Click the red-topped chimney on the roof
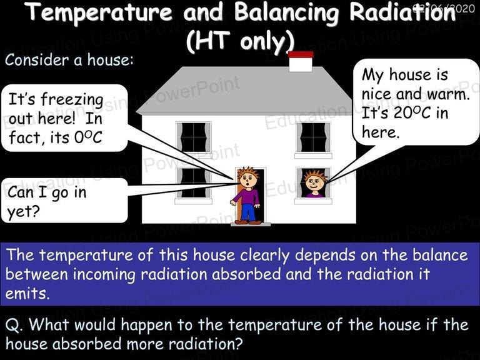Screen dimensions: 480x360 pyautogui.click(x=301, y=61)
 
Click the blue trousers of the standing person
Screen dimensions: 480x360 pyautogui.click(x=248, y=211)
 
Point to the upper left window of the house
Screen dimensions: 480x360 pyautogui.click(x=194, y=137)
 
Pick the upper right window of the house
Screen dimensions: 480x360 pyautogui.click(x=313, y=137)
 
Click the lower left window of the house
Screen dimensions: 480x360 pyautogui.click(x=193, y=182)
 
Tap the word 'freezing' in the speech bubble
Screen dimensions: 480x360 pyautogui.click(x=72, y=100)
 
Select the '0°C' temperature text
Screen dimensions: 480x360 pyautogui.click(x=88, y=137)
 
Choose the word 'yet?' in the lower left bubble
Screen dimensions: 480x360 pyautogui.click(x=24, y=211)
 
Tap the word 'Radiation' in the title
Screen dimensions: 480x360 pyautogui.click(x=403, y=13)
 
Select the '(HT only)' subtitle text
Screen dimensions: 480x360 pyautogui.click(x=240, y=42)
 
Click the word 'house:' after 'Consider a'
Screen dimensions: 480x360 pyautogui.click(x=111, y=59)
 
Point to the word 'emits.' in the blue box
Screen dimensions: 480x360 pyautogui.click(x=27, y=294)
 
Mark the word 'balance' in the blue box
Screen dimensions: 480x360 pyautogui.click(x=440, y=255)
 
